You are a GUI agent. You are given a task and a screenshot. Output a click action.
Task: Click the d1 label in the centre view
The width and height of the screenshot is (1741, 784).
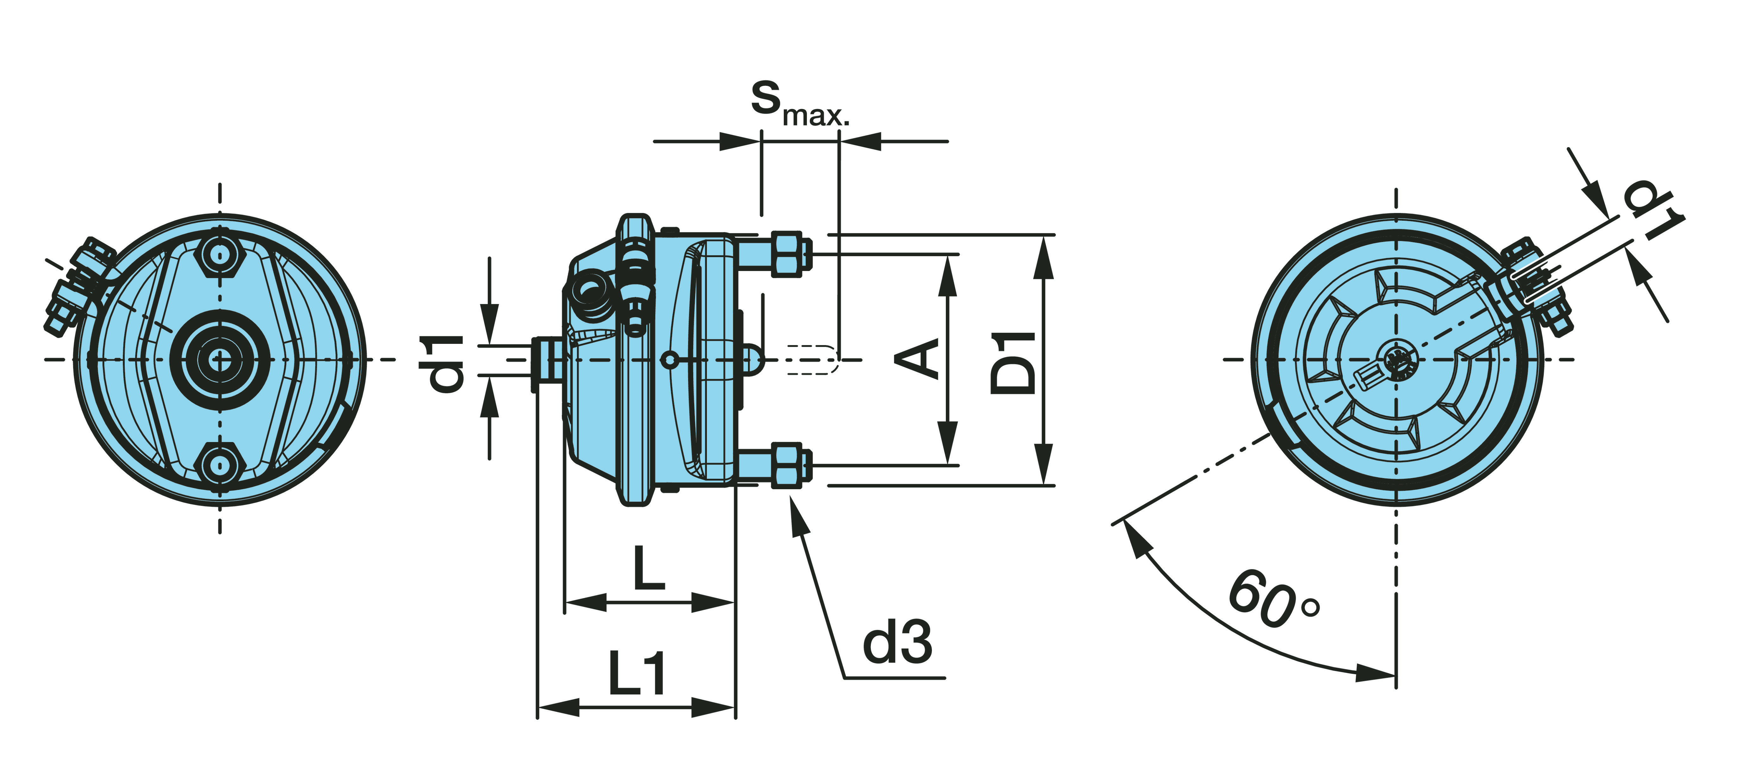[x=446, y=364]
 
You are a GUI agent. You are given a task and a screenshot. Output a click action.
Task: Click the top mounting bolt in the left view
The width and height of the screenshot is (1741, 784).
[x=220, y=256]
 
